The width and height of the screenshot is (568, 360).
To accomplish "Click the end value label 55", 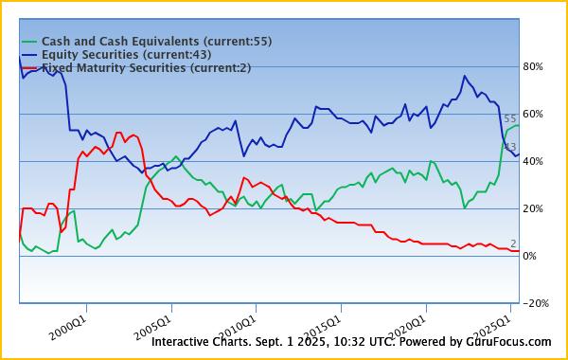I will click(x=510, y=119).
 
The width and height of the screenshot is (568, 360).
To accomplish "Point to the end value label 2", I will click(x=513, y=243).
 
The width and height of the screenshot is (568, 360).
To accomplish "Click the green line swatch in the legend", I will click(x=28, y=43).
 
